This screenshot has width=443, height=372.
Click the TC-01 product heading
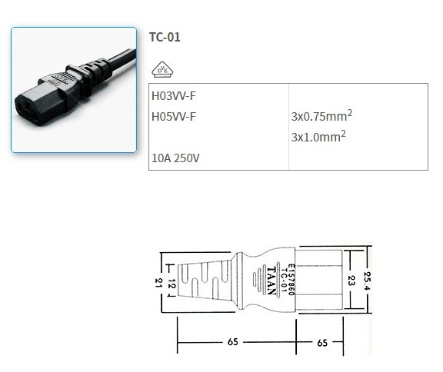(165, 36)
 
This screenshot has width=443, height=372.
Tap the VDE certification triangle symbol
(163, 71)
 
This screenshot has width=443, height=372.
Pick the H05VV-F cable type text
(174, 117)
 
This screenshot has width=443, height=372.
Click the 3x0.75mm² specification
(321, 117)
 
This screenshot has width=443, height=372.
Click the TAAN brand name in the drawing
(275, 277)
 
